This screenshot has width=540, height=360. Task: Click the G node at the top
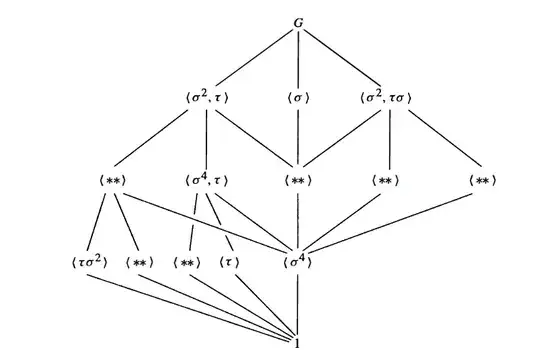point(300,22)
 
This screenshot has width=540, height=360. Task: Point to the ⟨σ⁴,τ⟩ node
point(208,181)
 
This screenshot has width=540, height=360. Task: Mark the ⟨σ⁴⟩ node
point(300,263)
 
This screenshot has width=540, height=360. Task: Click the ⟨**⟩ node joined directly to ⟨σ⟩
point(300,181)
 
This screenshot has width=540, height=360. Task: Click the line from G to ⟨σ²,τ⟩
point(256,58)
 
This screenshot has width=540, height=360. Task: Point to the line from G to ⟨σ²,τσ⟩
point(342,58)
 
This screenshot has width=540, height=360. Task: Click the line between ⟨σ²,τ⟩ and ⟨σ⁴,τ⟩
point(208,140)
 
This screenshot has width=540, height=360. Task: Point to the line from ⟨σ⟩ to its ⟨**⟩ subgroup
point(300,140)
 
